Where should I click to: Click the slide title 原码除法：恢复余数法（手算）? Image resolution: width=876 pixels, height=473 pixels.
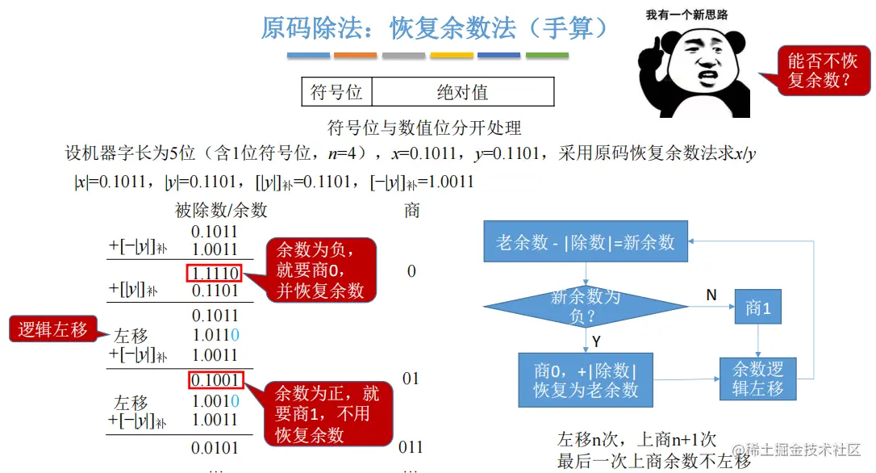coord(435,28)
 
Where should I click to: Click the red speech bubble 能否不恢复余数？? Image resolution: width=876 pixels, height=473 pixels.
coord(822,71)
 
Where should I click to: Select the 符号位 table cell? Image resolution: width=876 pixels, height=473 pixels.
coord(336,92)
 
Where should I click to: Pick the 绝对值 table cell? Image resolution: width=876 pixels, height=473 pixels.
coord(462,92)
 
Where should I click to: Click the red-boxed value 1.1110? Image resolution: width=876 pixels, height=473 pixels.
coord(215,274)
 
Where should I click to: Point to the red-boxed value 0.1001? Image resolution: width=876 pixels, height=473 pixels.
coord(215,379)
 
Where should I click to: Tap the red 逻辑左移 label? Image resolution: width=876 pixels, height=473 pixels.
coord(53,329)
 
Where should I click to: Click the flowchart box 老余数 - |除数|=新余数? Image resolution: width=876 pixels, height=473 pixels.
coord(586,241)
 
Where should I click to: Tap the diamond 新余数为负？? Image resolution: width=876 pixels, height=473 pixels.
coord(586,307)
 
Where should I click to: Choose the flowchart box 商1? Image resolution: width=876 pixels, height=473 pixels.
coord(757,308)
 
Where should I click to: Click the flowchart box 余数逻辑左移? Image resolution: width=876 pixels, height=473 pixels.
coord(757,379)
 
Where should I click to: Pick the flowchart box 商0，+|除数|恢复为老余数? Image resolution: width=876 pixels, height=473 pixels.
coord(586,380)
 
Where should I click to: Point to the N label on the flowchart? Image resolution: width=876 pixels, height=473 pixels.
coord(711,295)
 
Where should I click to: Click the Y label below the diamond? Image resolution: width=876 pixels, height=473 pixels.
coord(595,341)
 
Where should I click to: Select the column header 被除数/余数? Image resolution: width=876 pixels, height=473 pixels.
coord(220,211)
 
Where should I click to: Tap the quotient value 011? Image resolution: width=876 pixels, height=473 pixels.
coord(411,446)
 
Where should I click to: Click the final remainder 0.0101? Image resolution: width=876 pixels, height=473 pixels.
coord(215,446)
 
